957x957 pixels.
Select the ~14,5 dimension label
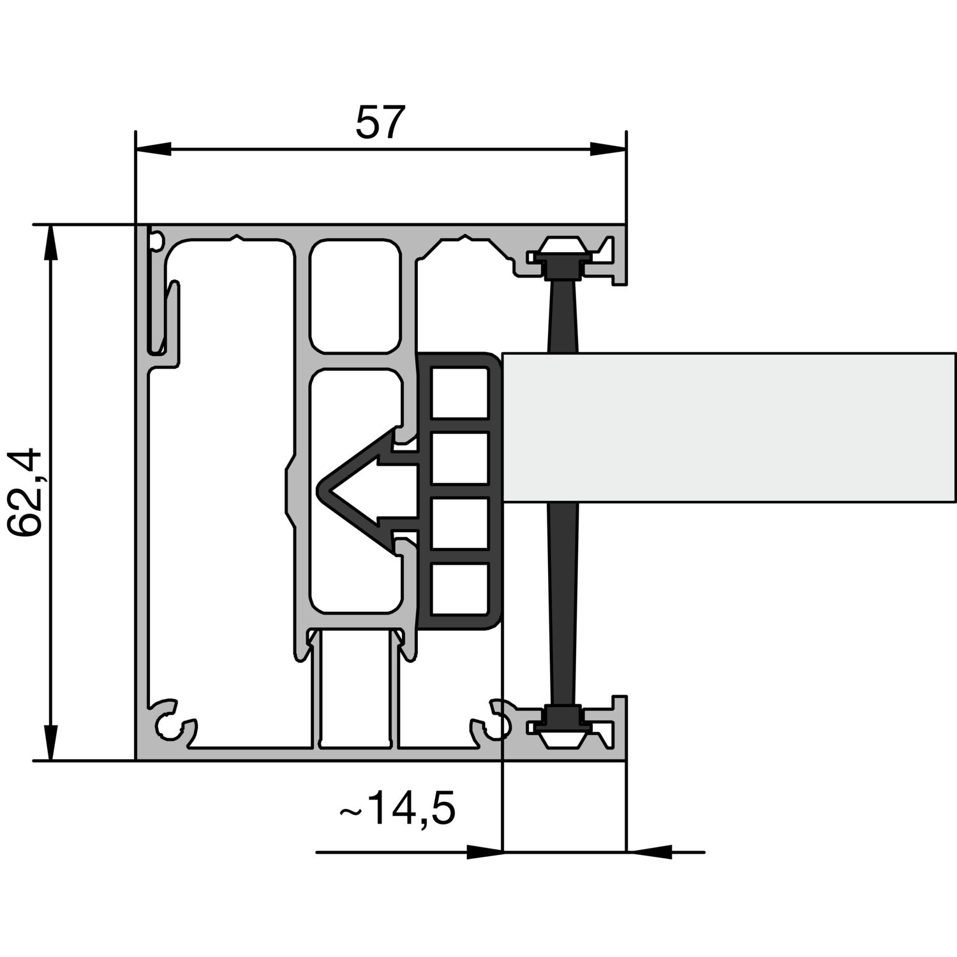pos(397,811)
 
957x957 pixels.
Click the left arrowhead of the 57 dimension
pos(154,149)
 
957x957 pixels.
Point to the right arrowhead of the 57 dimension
pos(608,149)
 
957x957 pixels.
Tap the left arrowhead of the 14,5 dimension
pos(485,852)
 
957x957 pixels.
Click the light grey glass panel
pos(729,427)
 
